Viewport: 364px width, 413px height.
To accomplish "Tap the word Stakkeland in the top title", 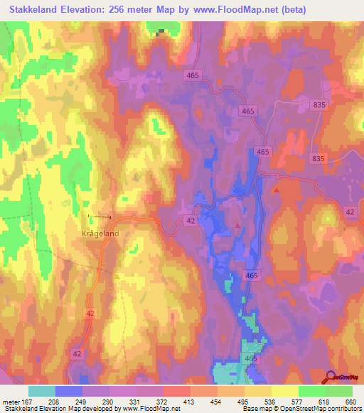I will (x=33, y=10).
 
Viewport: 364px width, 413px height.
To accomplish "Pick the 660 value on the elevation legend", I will (x=349, y=401).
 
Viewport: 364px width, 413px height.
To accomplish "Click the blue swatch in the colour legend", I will (x=68, y=390).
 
